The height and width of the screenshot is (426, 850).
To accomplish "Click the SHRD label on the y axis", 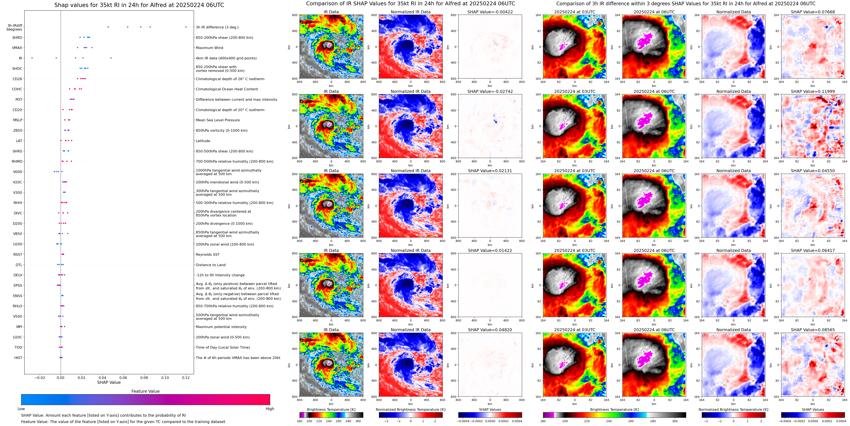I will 17,38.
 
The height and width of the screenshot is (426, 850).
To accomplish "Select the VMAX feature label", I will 17,48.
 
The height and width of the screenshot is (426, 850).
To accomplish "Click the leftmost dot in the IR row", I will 32,58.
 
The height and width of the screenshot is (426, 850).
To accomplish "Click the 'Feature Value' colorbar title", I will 145,391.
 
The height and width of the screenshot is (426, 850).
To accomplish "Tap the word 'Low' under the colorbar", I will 21,409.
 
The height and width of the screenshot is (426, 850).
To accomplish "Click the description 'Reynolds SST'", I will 207,254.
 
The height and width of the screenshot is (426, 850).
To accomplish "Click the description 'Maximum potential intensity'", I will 221,327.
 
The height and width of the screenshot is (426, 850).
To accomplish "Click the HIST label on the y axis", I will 18,358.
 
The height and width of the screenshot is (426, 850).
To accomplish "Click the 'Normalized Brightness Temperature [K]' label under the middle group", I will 410,409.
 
